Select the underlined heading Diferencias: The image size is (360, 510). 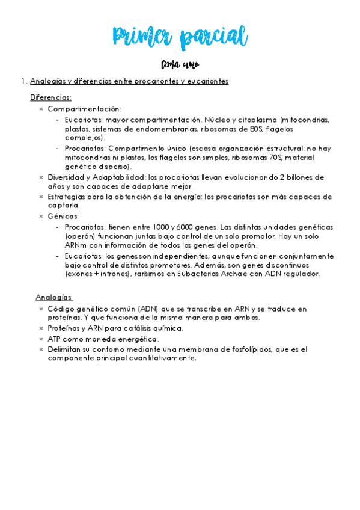point(50,97)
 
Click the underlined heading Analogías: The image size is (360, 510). point(54,297)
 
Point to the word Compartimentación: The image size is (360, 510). point(85,109)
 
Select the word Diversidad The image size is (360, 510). point(67,177)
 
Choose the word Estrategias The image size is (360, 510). point(69,197)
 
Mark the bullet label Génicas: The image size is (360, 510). point(63,216)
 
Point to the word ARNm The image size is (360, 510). point(76,246)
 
